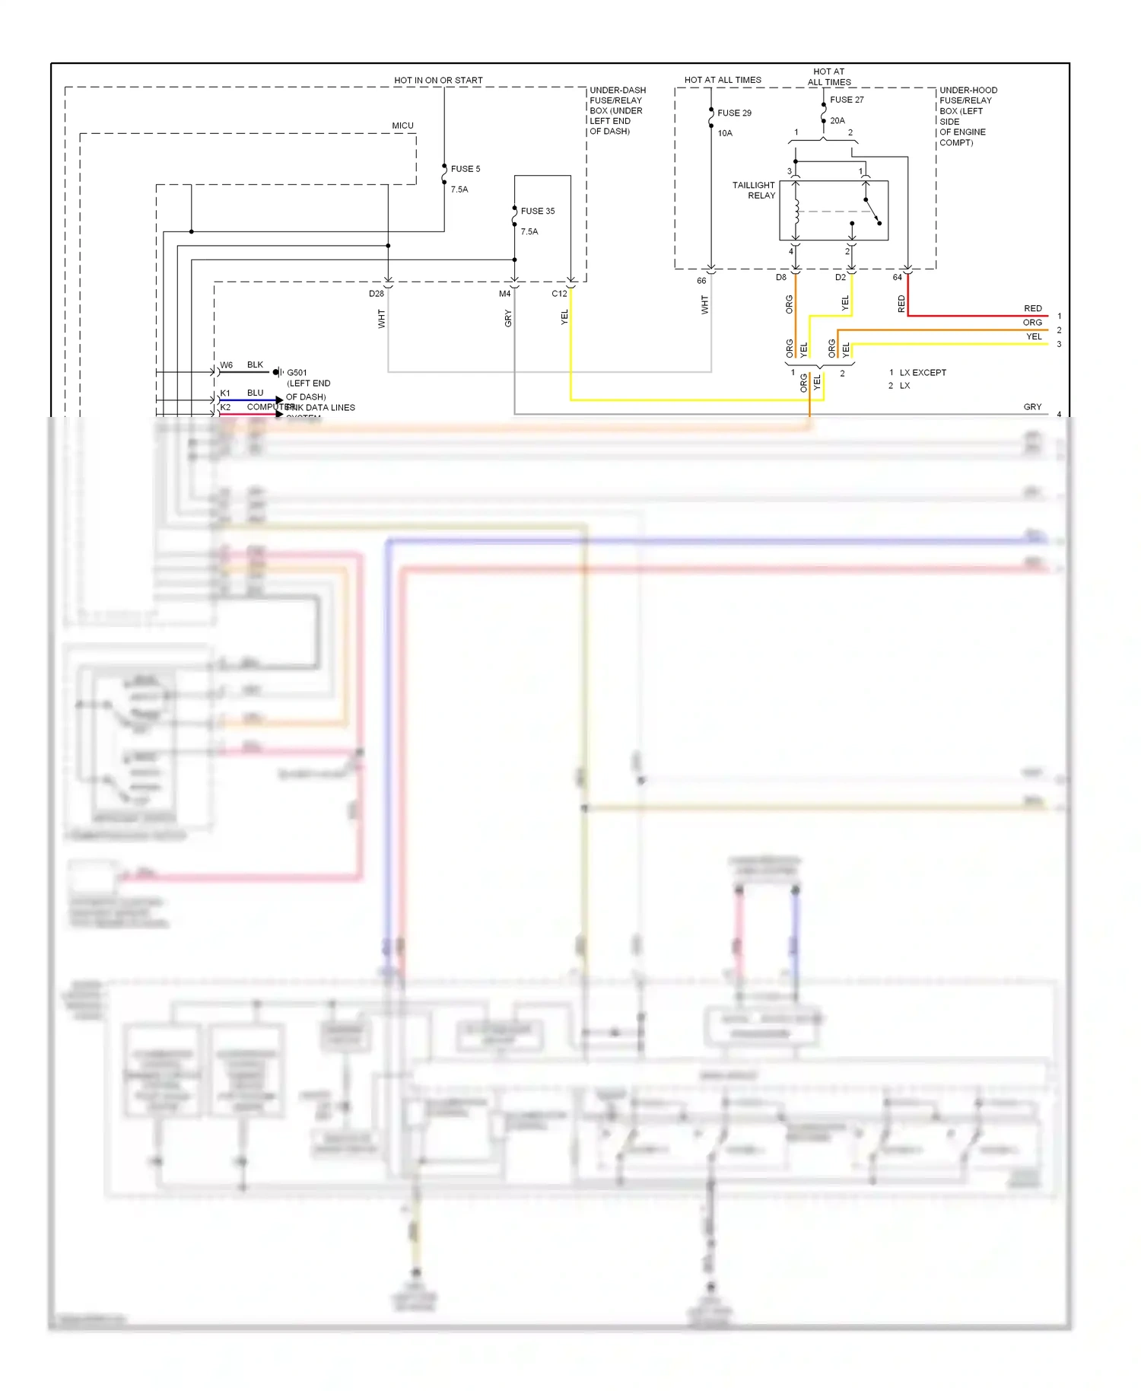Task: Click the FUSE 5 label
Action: point(465,169)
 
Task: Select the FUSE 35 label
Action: point(537,211)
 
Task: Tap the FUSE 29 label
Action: point(734,113)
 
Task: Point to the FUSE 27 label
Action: point(847,100)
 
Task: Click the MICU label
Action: point(402,126)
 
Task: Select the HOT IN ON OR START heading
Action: point(438,80)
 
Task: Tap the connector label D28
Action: point(377,294)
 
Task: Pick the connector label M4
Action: point(504,294)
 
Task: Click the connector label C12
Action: point(559,294)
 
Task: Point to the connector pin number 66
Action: point(701,281)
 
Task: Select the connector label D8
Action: point(781,278)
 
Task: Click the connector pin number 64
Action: point(897,278)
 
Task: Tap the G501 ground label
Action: point(297,373)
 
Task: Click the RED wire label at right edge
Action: point(1032,308)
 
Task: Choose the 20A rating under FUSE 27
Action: point(837,120)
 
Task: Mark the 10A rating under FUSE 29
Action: point(725,133)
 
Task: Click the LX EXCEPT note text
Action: point(923,373)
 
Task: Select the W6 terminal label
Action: point(226,365)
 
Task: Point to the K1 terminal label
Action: point(225,393)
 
